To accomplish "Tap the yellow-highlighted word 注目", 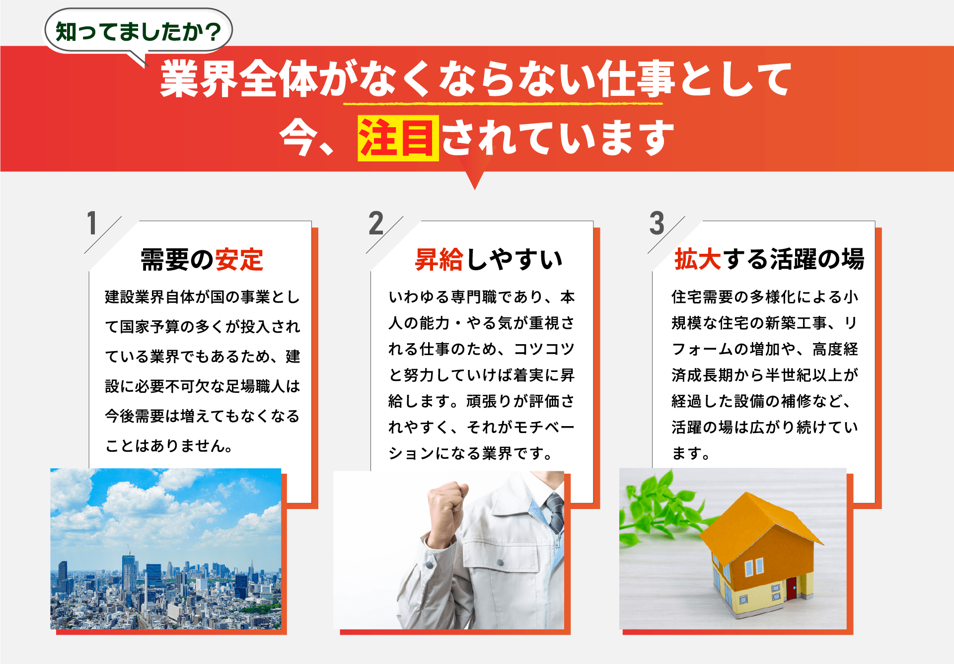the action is point(398,138).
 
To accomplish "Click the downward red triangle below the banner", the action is point(475,180).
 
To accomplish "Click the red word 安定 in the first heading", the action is point(239,259).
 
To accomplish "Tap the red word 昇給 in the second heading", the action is point(440,259).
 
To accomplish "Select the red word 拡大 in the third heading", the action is point(697,259).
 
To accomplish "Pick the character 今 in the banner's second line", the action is point(298,138).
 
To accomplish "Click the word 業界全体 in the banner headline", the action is point(239,79).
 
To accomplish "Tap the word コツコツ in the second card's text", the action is point(544,349).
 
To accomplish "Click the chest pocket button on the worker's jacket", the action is point(500,563).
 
